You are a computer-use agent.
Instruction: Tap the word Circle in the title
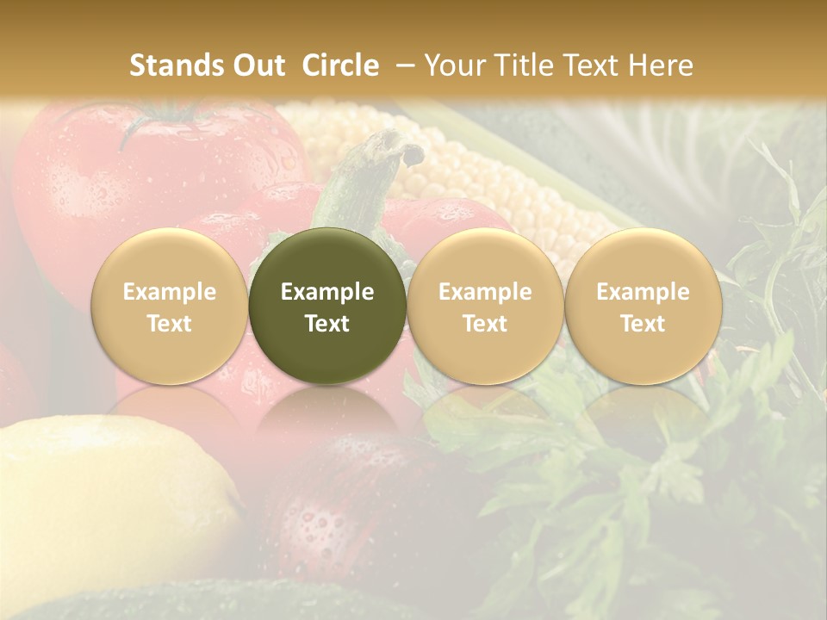click(x=340, y=65)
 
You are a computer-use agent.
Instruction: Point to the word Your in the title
click(x=453, y=65)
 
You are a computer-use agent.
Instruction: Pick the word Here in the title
click(x=661, y=65)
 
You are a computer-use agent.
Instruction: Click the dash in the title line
click(x=401, y=65)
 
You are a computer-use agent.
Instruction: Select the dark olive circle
click(x=327, y=258)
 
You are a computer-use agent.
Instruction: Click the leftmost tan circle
click(x=169, y=258)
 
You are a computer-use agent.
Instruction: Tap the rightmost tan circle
click(x=643, y=258)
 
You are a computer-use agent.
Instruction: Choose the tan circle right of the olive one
click(x=485, y=258)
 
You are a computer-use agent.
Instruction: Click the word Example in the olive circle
click(x=327, y=292)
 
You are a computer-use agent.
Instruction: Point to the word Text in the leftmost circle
click(x=169, y=324)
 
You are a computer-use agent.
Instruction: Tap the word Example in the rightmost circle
click(x=643, y=292)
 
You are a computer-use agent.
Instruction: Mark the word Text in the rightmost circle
click(x=643, y=324)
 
